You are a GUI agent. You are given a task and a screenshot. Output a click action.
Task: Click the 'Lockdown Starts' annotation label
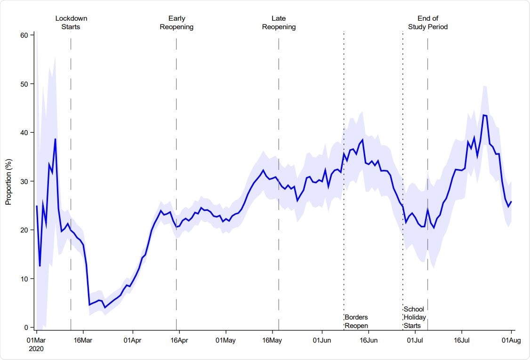point(71,23)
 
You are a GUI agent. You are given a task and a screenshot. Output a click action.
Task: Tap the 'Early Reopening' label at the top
point(177,23)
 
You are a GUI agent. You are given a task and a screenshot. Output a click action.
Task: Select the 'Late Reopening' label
point(279,23)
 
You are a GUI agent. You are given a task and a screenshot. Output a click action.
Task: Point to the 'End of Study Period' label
point(427,23)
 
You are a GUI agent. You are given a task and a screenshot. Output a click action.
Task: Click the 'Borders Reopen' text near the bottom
point(356,321)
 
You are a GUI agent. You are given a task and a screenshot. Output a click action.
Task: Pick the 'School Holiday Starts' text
point(415,317)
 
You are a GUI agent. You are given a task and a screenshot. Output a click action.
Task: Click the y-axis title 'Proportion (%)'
point(8,181)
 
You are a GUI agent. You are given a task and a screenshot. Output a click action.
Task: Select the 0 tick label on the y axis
point(27,328)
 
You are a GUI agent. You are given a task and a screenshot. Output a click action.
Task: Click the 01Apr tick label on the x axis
point(132,340)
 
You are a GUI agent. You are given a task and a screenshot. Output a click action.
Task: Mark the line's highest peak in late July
point(484,115)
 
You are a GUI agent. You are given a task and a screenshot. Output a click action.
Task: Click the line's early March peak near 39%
point(55,139)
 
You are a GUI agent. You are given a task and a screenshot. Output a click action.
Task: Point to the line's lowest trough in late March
point(105,307)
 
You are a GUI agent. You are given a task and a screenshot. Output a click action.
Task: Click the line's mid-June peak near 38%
point(362,140)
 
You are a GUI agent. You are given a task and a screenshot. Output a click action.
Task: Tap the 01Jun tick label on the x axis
point(322,340)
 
